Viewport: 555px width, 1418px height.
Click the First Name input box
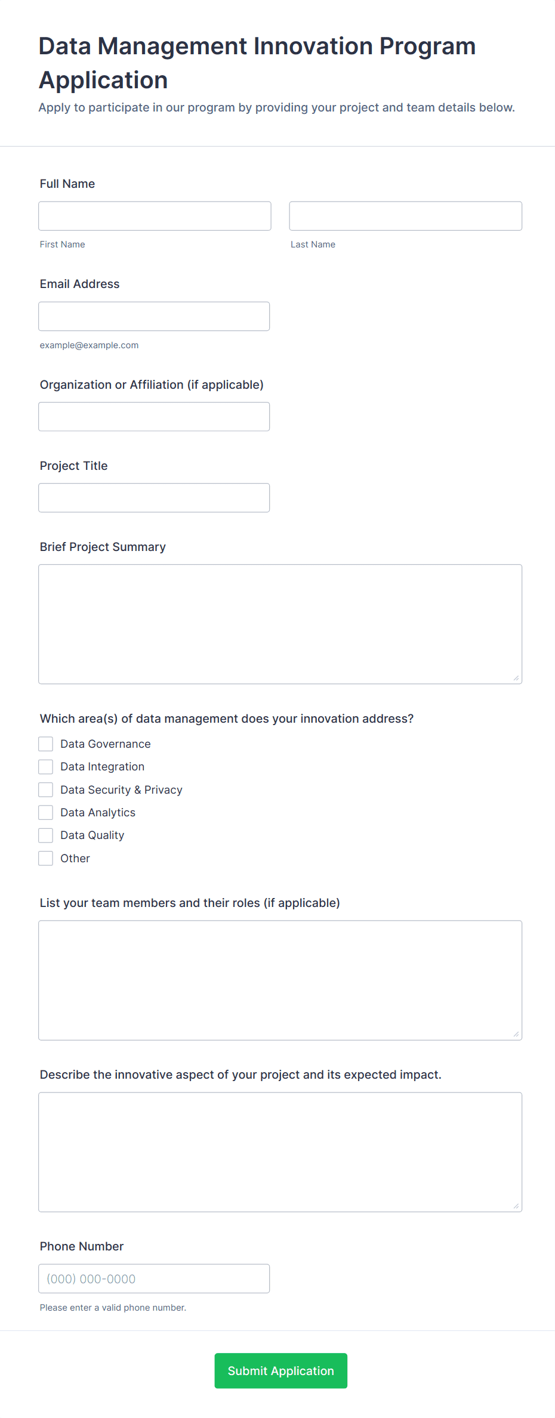point(155,216)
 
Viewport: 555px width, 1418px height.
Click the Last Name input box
point(405,216)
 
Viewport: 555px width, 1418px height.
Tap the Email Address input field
point(154,316)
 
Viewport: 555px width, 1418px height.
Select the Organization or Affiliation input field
point(154,417)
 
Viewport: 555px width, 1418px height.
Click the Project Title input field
point(154,498)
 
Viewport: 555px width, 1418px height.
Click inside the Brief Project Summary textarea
point(280,624)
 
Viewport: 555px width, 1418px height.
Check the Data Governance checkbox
point(46,744)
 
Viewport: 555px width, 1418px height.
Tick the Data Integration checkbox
point(46,767)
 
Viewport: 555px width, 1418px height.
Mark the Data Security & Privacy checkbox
point(46,790)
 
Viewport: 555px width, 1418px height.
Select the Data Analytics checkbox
point(46,813)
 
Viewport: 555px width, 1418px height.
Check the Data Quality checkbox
point(46,835)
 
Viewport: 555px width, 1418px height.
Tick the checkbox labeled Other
point(46,859)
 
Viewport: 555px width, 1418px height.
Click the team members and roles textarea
point(280,980)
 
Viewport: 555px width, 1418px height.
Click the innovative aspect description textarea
point(280,1152)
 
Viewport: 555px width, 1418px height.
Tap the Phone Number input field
point(154,1278)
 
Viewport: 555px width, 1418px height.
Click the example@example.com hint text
point(89,345)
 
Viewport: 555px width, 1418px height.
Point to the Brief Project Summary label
point(103,547)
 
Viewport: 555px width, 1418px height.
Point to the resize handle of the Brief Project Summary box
point(516,678)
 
